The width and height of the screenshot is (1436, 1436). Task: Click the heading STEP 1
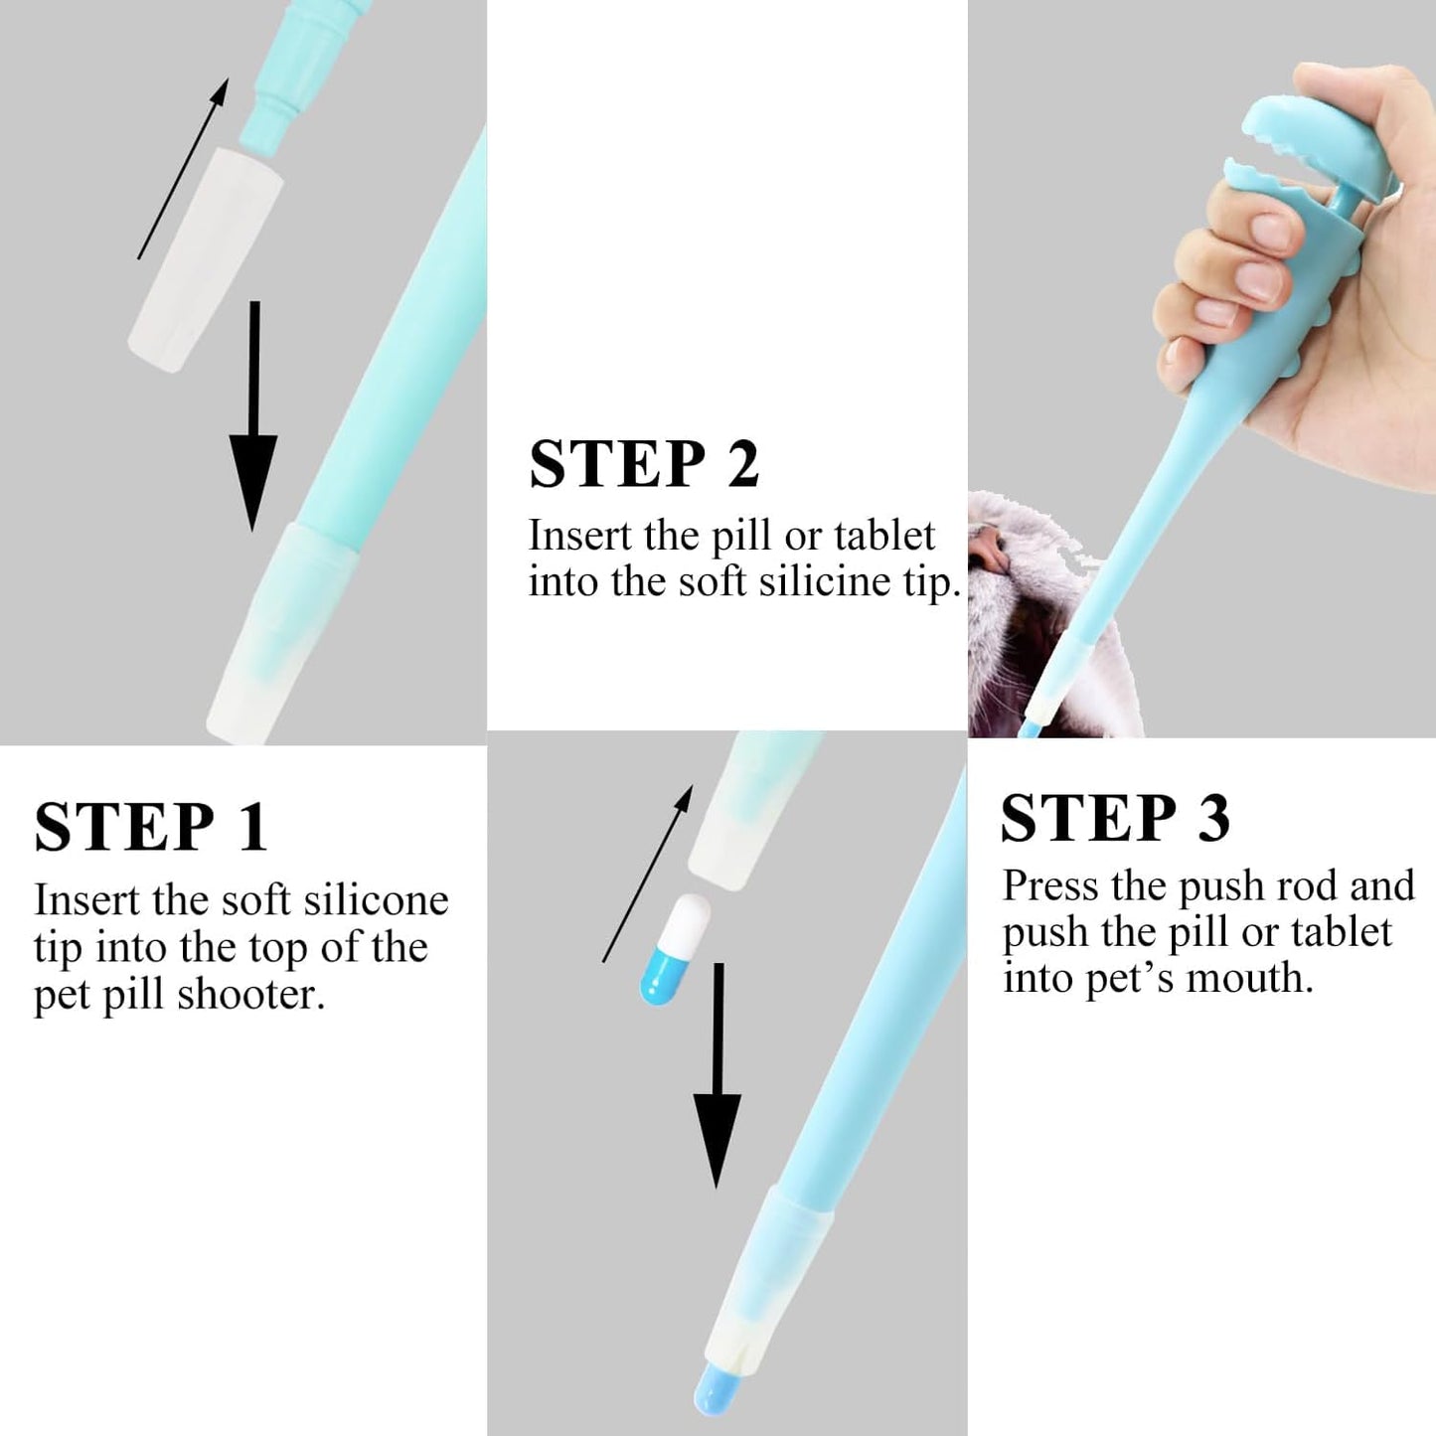(151, 827)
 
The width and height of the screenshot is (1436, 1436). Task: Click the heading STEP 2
(644, 463)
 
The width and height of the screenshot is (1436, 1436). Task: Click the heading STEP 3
(1115, 819)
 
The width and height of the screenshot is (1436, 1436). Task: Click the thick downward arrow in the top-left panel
(253, 417)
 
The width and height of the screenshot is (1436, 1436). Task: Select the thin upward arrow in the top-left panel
(183, 169)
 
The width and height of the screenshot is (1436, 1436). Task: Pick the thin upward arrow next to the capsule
(647, 875)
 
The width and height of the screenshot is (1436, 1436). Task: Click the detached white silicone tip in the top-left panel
(207, 260)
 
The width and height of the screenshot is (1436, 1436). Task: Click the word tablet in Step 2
(883, 536)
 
